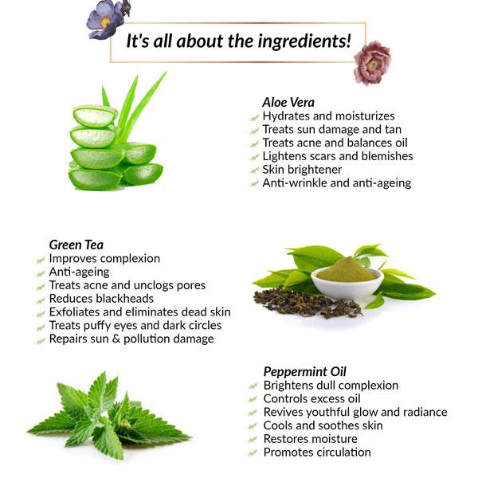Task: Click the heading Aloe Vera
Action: pyautogui.click(x=288, y=102)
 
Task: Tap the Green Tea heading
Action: pyautogui.click(x=76, y=245)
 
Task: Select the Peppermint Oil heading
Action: pyautogui.click(x=304, y=371)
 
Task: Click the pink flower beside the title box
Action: pyautogui.click(x=372, y=62)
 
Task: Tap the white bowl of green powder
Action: pyautogui.click(x=347, y=274)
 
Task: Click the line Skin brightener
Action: pyautogui.click(x=302, y=170)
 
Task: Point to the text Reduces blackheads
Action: pyautogui.click(x=101, y=299)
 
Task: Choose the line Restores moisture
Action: pyautogui.click(x=311, y=439)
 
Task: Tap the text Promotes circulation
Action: pyautogui.click(x=316, y=453)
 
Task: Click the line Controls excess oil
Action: pyautogui.click(x=311, y=398)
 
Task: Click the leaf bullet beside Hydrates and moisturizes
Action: pyautogui.click(x=254, y=116)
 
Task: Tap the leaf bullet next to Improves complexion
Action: pyautogui.click(x=40, y=259)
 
